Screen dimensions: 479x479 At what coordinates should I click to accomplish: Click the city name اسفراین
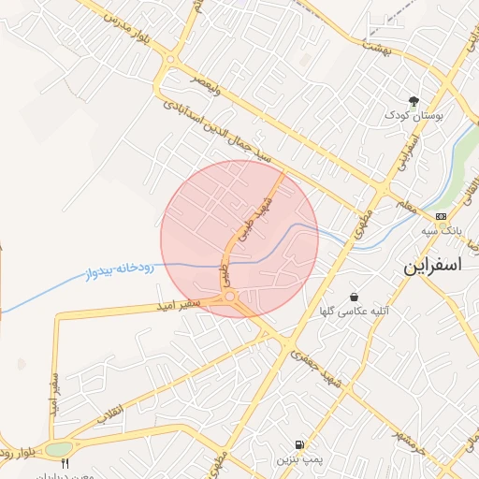tap(433, 266)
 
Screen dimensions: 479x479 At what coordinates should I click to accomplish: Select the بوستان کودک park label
tap(414, 116)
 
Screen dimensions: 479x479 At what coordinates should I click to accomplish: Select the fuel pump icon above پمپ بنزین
tap(298, 444)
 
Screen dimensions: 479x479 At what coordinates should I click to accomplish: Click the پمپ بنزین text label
tap(298, 460)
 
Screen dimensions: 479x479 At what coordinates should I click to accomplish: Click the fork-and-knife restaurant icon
tap(65, 465)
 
